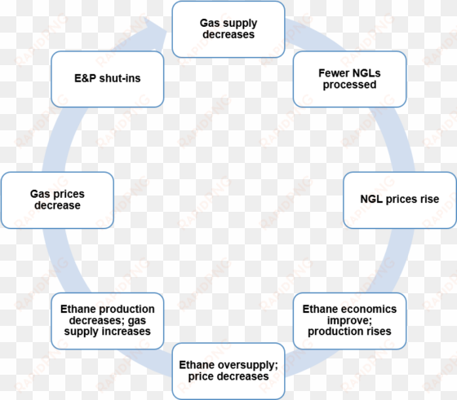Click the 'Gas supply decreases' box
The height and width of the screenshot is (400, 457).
coord(228,29)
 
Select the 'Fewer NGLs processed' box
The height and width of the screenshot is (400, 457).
coord(349,79)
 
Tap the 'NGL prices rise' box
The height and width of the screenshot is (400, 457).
coord(400,200)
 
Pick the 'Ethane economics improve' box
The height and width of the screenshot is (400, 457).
coord(349,321)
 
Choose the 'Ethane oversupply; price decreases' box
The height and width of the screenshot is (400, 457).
coord(228,371)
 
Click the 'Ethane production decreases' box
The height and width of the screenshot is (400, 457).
coord(108,321)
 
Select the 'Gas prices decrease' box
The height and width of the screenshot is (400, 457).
coord(57,200)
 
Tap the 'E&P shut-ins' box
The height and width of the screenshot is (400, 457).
coord(108,79)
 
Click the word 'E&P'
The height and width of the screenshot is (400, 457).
coord(85,78)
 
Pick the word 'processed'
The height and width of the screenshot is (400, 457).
coord(349,85)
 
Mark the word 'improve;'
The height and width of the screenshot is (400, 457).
coord(349,321)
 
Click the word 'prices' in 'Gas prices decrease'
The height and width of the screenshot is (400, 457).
coord(69,194)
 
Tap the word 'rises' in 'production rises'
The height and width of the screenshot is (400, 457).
coord(379,332)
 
